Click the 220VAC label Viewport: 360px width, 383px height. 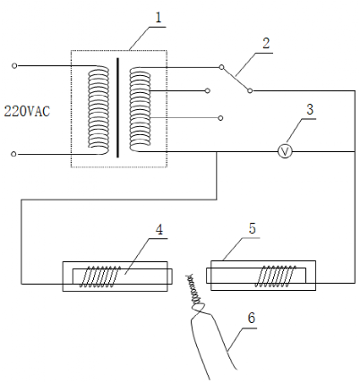[27, 112]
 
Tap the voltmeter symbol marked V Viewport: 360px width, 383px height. [285, 152]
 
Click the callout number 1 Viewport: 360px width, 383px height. [159, 18]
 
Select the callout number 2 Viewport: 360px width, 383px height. [266, 43]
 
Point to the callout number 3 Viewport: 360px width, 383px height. [310, 109]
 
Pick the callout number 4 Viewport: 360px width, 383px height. [159, 230]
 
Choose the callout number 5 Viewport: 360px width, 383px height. [253, 228]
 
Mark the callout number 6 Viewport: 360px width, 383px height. [252, 318]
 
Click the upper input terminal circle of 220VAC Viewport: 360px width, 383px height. [14, 65]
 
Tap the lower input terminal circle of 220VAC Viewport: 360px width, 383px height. [13, 154]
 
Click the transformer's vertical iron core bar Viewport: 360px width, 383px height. [117, 107]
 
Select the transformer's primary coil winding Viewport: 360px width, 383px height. [99, 110]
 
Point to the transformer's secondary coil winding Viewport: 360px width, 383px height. [140, 109]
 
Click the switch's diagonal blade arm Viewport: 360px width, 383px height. [236, 79]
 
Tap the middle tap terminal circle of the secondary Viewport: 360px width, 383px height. [208, 90]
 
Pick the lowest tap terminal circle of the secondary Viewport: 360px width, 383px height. [220, 118]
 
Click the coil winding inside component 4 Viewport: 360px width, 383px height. [99, 277]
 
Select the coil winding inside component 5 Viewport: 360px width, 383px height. [275, 277]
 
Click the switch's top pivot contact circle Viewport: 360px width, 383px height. [221, 67]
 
